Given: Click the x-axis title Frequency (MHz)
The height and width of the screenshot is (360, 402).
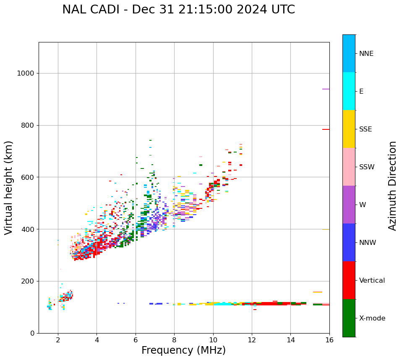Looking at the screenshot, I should point(183,350).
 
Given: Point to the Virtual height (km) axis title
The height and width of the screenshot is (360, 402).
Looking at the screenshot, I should point(9,188).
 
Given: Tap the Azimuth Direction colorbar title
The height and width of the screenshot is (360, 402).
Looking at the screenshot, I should point(392,186).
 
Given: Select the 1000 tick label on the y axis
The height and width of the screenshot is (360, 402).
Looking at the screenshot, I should point(25,74).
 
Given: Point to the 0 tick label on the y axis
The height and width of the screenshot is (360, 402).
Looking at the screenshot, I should point(32,333).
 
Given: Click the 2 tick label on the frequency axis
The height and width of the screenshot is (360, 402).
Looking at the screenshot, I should point(58,340).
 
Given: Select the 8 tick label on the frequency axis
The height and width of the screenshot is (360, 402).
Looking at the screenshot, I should point(174,340).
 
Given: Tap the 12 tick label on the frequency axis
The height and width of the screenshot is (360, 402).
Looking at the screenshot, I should point(252,340).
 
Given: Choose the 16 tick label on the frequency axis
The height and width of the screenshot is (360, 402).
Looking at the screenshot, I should point(329,340).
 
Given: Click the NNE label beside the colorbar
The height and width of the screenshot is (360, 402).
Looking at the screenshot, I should point(366,54).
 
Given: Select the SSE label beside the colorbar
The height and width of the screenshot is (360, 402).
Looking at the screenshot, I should point(365,129).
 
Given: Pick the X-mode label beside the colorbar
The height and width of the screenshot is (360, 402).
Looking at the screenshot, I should point(372,318).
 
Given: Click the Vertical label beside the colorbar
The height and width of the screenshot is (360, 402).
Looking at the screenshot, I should point(372,281).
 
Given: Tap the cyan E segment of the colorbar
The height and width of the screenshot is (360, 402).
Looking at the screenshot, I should point(349,91).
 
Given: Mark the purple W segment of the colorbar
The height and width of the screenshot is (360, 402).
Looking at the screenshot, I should point(349,205).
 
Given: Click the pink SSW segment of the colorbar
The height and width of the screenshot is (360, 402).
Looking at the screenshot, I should point(349,167).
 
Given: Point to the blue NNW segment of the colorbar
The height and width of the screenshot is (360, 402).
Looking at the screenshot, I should point(349,242).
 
